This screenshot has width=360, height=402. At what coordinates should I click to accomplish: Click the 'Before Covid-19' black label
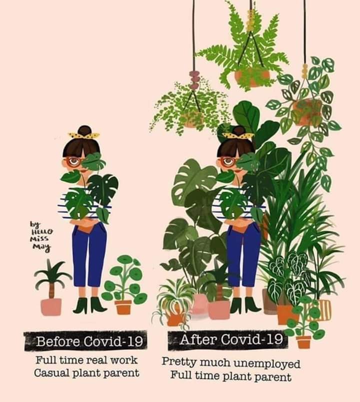[x=85, y=341]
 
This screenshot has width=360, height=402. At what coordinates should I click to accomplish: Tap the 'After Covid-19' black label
[x=228, y=340]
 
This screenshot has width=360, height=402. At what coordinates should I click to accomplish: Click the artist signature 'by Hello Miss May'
[x=41, y=237]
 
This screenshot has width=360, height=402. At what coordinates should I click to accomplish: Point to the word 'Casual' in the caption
[x=51, y=373]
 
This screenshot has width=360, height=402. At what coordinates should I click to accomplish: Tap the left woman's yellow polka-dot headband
[x=84, y=135]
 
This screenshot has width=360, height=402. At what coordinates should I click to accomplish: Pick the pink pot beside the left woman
[x=51, y=307]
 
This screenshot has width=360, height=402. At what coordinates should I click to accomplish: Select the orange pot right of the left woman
[x=123, y=308]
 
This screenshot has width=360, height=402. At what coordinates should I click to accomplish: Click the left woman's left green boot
[x=80, y=306]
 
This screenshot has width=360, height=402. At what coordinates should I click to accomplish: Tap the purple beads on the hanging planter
[x=194, y=80]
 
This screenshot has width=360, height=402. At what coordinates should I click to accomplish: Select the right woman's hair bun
[x=238, y=130]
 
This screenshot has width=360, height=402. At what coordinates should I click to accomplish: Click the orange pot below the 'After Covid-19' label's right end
[x=303, y=342]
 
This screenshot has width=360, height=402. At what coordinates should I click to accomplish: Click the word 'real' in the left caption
[x=97, y=360]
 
